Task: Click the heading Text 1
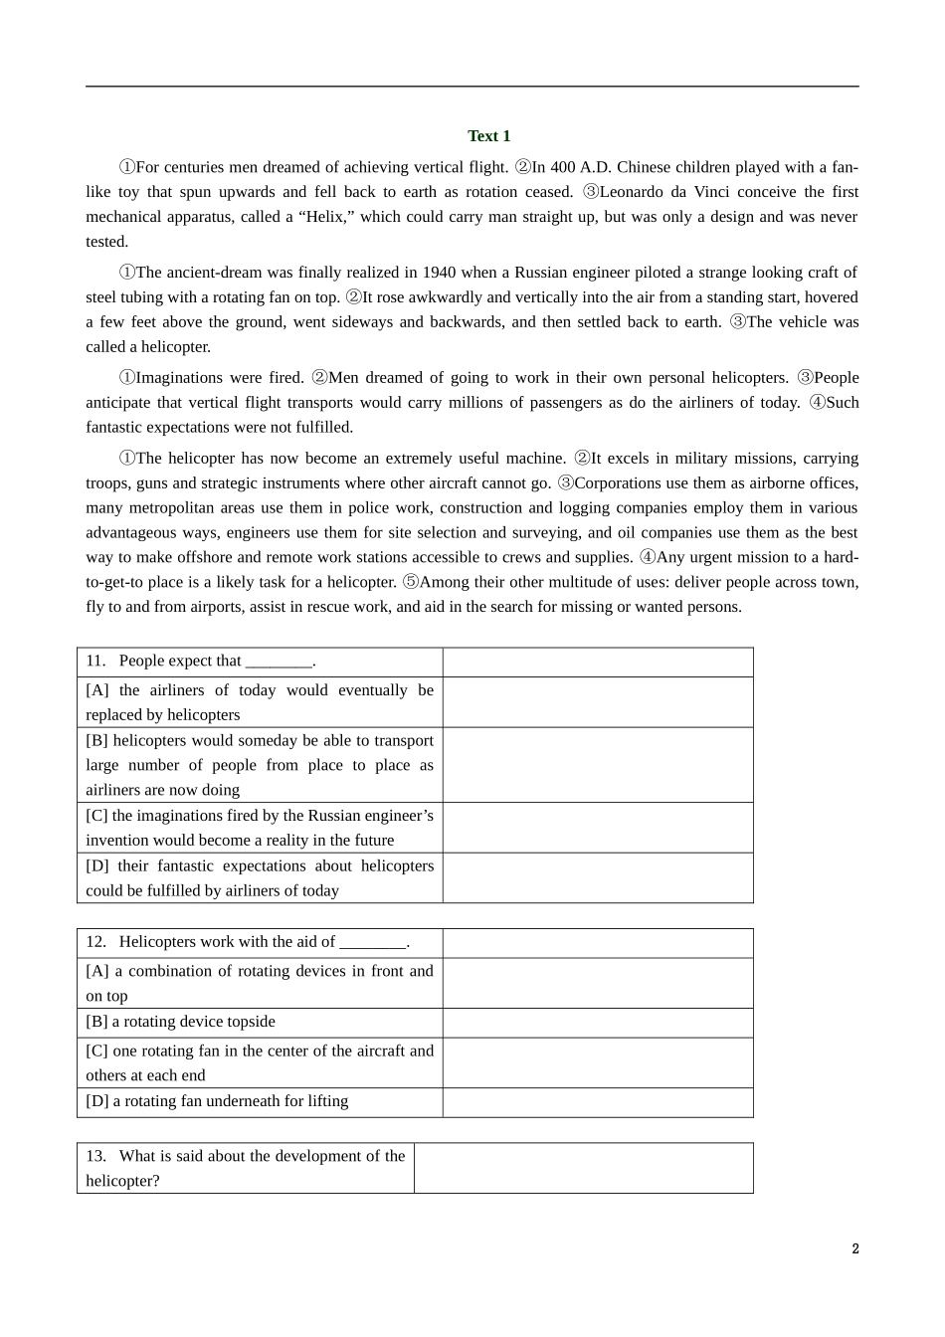tap(488, 136)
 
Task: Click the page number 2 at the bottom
tap(854, 1249)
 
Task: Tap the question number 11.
tap(95, 662)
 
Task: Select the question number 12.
tap(95, 942)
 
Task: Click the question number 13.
tap(95, 1156)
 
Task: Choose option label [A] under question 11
tap(97, 690)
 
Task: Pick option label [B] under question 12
tap(97, 1022)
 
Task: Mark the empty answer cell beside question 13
tap(583, 1168)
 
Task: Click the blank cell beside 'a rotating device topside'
tap(597, 1023)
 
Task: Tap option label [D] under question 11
tap(97, 866)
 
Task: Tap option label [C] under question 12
tap(97, 1051)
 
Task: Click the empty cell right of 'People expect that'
tap(597, 663)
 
